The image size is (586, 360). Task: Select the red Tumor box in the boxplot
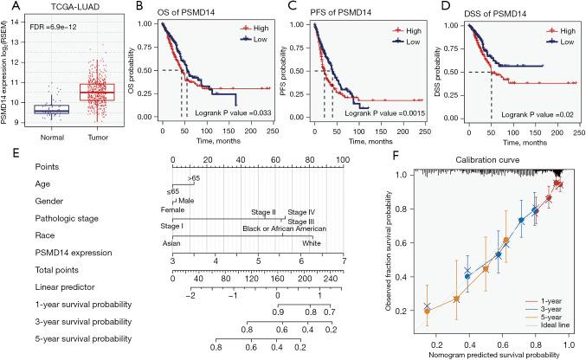pyautogui.click(x=96, y=91)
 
